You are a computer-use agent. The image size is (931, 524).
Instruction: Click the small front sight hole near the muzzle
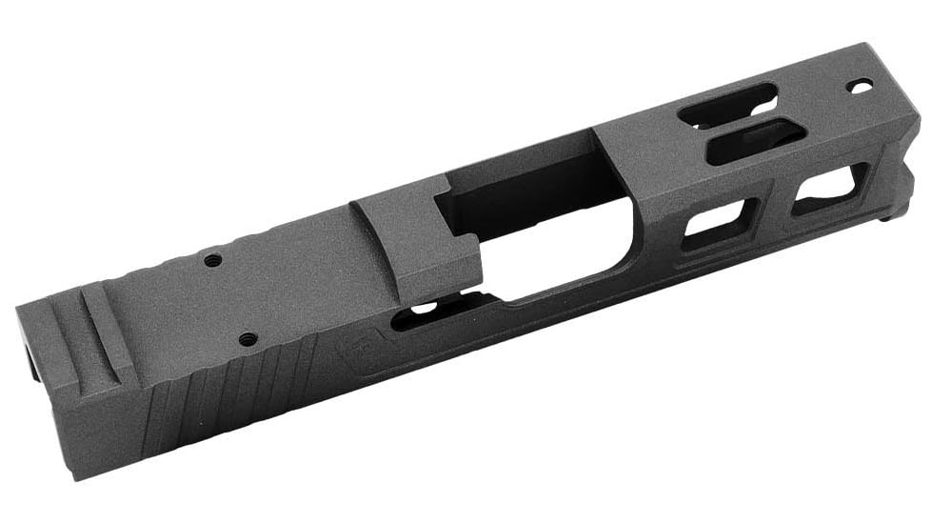tap(860, 87)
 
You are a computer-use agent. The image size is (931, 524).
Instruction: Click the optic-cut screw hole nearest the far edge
tap(212, 259)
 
